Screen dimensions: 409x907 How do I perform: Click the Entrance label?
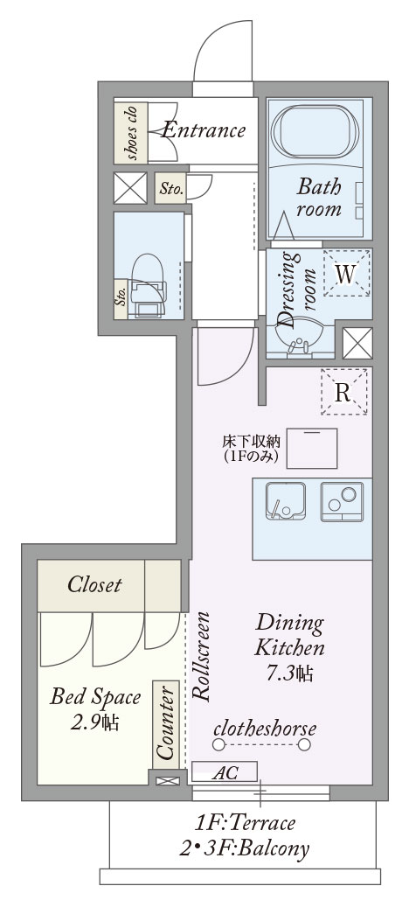204,130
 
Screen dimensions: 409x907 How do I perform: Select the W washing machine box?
346,273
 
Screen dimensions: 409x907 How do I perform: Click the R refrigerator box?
343,392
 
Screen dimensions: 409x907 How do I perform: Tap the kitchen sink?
286,501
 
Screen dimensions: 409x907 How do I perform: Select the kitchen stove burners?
342,501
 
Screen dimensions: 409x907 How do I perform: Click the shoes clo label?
131,132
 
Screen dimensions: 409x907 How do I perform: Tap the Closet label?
94,584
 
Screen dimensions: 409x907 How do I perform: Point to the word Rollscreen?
201,657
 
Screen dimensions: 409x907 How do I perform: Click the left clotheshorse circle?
218,745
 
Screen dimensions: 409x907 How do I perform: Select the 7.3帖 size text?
290,673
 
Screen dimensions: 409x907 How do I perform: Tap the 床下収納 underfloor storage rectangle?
312,449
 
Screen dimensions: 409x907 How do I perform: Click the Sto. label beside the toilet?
121,298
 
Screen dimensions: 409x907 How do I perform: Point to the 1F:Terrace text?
246,822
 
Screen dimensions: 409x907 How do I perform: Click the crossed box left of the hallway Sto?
130,188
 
